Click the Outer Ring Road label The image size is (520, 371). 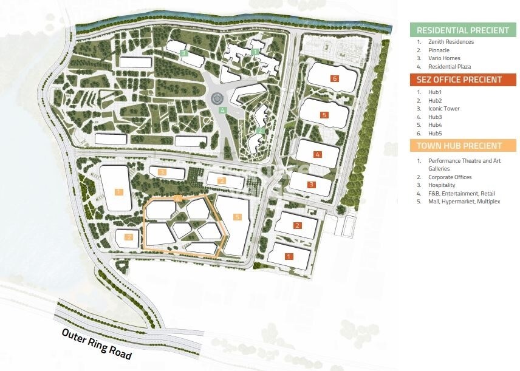coord(97,344)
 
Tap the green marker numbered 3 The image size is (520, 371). coord(183,53)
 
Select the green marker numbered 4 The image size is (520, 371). coord(223,111)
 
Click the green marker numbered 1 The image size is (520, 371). coord(255,52)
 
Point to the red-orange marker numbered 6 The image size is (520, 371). coord(334,78)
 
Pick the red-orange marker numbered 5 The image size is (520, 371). coord(324,115)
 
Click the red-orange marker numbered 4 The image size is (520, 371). coord(317,154)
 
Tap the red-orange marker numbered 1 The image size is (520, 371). coord(289,256)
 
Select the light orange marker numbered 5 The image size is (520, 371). coord(237,217)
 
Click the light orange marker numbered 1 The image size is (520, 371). coord(118,191)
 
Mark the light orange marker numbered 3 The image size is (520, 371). coord(162,172)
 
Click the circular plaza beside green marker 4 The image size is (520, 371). coord(217,98)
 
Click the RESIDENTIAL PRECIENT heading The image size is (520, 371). coord(463,30)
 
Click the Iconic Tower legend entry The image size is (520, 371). coord(443,109)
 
